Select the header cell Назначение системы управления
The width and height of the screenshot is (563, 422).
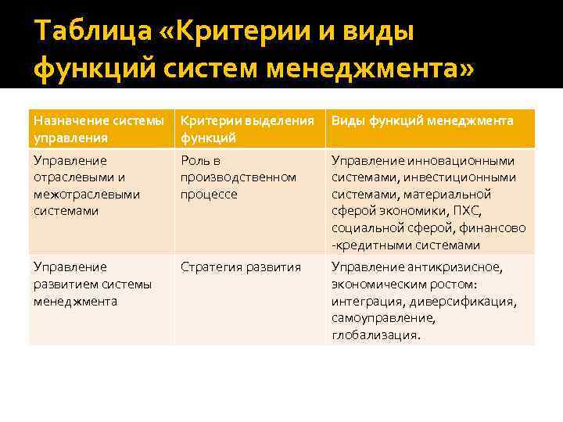coord(99,128)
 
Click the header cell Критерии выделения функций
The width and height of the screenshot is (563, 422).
coord(247,128)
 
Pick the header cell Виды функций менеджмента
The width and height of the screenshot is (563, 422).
coord(422,120)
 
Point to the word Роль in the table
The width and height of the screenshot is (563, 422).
coord(195,161)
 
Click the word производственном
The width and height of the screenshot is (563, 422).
coord(238,177)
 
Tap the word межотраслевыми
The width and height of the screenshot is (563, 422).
coord(86,194)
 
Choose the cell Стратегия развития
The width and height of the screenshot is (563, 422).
coord(241,267)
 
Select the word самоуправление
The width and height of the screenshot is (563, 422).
coord(382,318)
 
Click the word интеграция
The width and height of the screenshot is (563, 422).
coord(365,301)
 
